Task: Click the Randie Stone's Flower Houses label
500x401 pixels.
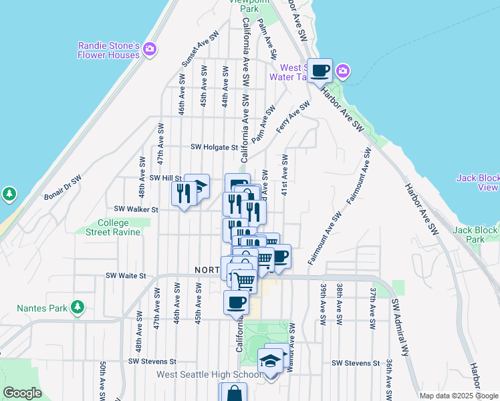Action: tap(108, 50)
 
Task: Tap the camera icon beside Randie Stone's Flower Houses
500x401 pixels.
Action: tap(150, 48)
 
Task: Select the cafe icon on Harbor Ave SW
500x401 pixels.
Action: tap(320, 70)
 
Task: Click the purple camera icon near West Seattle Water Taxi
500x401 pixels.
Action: tap(343, 70)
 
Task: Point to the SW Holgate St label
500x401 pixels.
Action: tap(214, 147)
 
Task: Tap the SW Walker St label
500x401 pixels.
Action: tap(136, 209)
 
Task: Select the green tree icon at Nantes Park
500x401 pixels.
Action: tap(78, 307)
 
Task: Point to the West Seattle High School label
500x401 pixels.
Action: tap(209, 374)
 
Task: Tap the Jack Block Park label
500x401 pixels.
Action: tap(475, 235)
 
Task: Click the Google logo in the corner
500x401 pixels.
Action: tap(22, 393)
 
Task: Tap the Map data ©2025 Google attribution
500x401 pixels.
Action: tap(457, 396)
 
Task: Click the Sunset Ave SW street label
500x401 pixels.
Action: tap(200, 49)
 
